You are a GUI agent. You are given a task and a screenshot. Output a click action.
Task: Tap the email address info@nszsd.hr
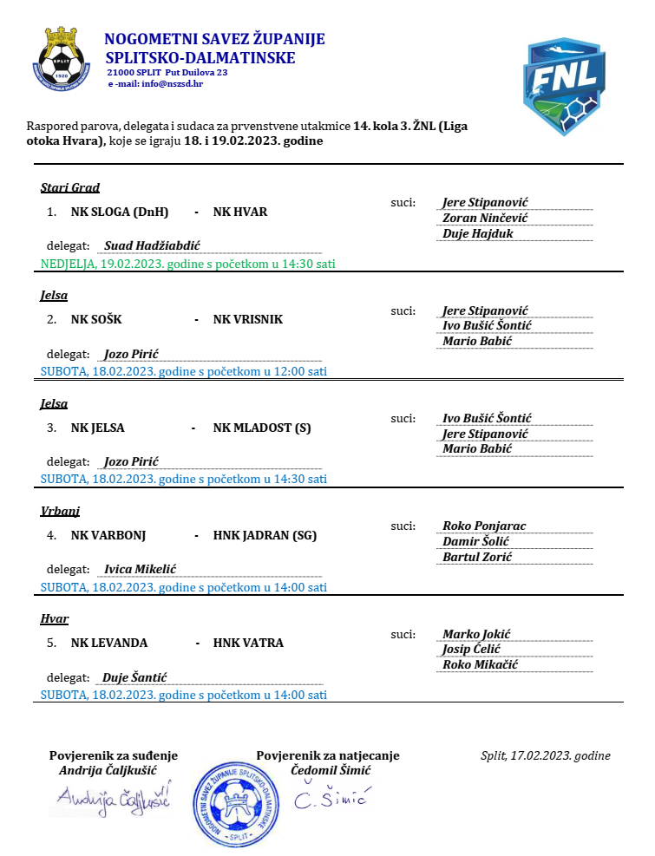tap(173, 83)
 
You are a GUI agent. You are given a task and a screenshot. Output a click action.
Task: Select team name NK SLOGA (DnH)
tap(120, 212)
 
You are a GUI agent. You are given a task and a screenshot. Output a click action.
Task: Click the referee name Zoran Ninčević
tap(485, 218)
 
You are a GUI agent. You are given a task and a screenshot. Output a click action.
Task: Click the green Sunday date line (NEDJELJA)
tap(188, 263)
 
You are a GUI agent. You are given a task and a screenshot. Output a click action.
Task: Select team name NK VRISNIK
tap(248, 319)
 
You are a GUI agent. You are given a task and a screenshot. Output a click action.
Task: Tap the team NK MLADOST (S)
tap(262, 428)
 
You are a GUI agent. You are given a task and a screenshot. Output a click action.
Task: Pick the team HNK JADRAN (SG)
tap(265, 535)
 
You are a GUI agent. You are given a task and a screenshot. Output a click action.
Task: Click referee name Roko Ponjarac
tap(484, 526)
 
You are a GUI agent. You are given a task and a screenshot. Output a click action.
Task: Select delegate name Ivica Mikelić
tap(141, 569)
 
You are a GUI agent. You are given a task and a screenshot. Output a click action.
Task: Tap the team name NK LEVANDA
tap(109, 643)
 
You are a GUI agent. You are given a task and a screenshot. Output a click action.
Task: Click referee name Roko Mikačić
tap(480, 664)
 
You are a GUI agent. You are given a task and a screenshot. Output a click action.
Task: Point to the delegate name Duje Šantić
tap(135, 677)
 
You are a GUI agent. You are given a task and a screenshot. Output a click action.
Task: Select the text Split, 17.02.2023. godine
tap(546, 755)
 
